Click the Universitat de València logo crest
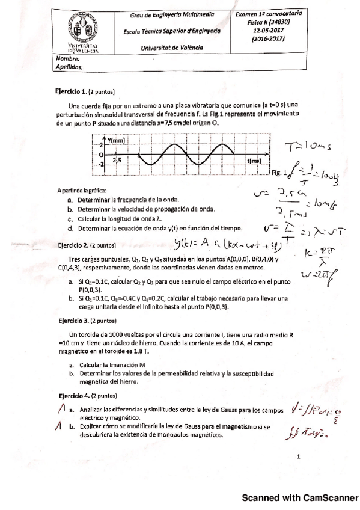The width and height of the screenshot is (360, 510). click(x=79, y=28)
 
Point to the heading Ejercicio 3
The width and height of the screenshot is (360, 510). click(x=72, y=321)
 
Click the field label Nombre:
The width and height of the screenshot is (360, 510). click(x=67, y=60)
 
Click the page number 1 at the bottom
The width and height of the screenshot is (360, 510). click(x=298, y=457)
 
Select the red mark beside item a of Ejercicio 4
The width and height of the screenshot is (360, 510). click(x=61, y=410)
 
